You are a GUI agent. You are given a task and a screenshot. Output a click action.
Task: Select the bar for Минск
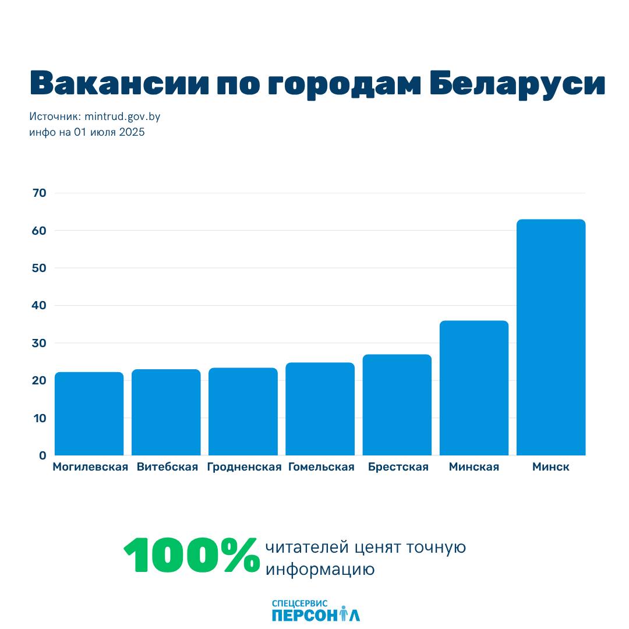pyautogui.click(x=550, y=337)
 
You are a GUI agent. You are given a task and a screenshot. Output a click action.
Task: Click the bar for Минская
pyautogui.click(x=473, y=388)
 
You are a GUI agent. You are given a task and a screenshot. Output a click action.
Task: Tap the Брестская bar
pyautogui.click(x=397, y=405)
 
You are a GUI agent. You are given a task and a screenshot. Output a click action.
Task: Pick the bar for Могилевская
pyautogui.click(x=89, y=414)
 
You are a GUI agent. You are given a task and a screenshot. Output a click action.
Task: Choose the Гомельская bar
pyautogui.click(x=320, y=409)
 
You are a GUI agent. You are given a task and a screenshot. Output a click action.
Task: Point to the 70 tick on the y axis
pyautogui.click(x=39, y=193)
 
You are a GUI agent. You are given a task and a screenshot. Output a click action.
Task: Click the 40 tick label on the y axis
pyautogui.click(x=39, y=306)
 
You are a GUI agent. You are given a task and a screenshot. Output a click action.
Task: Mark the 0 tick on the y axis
pyautogui.click(x=43, y=455)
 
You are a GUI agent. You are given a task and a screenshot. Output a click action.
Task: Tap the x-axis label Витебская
pyautogui.click(x=167, y=467)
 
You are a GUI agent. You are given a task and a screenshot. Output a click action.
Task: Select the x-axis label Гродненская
pyautogui.click(x=244, y=467)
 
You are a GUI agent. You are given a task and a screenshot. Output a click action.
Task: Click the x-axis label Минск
pyautogui.click(x=550, y=467)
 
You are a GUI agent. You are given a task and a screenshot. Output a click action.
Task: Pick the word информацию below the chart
pyautogui.click(x=320, y=569)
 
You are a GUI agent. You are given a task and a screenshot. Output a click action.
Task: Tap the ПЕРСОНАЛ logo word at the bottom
pyautogui.click(x=315, y=615)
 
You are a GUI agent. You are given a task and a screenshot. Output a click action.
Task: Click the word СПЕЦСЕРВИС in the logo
pyautogui.click(x=299, y=604)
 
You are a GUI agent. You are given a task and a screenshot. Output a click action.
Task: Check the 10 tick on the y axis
pyautogui.click(x=39, y=418)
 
